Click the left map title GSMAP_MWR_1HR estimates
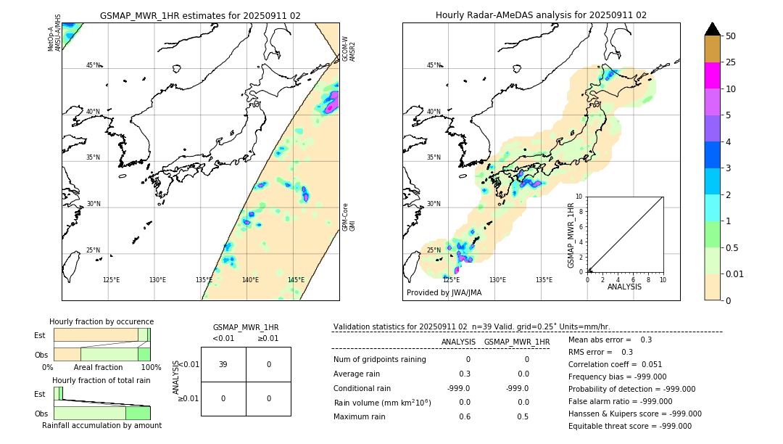(x=200, y=15)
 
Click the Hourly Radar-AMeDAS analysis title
(x=541, y=15)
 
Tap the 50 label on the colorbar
(x=731, y=36)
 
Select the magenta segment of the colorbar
(x=712, y=75)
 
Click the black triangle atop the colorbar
(x=712, y=29)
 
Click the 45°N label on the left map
(x=94, y=65)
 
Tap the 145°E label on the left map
(x=296, y=280)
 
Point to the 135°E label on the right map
(x=544, y=280)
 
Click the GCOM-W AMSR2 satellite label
(x=349, y=49)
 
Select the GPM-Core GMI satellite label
(x=349, y=217)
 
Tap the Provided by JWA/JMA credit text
(x=444, y=293)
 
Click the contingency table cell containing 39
(x=223, y=364)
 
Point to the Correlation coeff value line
(x=615, y=364)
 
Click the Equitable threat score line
(x=629, y=426)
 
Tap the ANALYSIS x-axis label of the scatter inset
(x=625, y=287)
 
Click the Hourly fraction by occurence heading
(x=101, y=321)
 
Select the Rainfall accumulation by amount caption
(x=101, y=425)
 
